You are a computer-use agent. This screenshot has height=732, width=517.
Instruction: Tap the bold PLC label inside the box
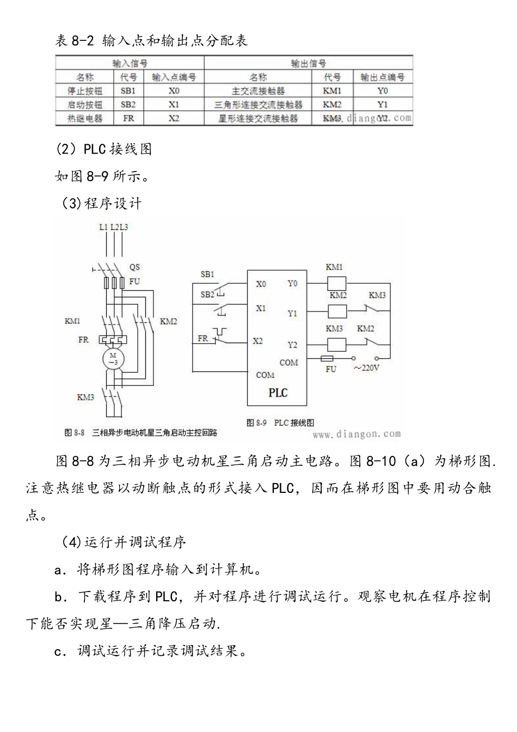coord(278,393)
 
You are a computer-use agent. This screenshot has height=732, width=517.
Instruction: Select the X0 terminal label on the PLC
coord(261,284)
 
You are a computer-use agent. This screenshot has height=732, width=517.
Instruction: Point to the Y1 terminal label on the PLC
coord(292,313)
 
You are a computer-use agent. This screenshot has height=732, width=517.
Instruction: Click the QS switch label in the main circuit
coord(134,267)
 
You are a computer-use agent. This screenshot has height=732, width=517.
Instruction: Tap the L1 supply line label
coord(103,227)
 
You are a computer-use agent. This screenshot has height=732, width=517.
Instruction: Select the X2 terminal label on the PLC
coord(257,341)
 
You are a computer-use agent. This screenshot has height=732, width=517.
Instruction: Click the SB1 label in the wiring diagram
coord(207,274)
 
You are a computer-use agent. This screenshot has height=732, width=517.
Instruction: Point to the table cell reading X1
coord(174,105)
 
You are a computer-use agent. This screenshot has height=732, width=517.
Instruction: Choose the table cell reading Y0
coord(383,91)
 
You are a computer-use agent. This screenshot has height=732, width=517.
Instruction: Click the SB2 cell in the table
coord(128,105)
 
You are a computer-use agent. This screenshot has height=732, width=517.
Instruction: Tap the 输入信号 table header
coord(130,64)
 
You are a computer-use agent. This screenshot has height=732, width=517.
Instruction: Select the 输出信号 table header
coord(309,64)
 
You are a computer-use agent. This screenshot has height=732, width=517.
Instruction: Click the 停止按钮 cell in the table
coord(85,91)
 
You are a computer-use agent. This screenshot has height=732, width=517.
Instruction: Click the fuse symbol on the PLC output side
coord(328,358)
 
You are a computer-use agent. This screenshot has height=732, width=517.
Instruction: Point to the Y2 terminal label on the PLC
coord(292,345)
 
